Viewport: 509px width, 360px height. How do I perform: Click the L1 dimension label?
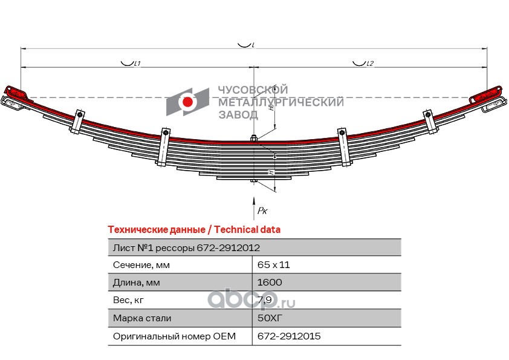(137, 64)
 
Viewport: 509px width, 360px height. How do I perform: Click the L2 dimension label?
(370, 64)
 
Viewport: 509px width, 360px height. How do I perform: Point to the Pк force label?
(262, 211)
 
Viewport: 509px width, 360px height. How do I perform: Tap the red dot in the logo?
(187, 102)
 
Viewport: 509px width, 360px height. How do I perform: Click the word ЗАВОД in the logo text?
(238, 115)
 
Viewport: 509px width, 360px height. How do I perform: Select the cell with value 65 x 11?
(273, 265)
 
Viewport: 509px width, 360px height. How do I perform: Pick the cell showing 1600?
(270, 282)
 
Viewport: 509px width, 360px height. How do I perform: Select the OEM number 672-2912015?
(289, 336)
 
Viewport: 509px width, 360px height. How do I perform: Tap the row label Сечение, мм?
(141, 265)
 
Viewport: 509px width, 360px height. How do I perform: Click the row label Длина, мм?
(137, 283)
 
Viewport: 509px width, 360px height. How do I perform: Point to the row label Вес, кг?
(128, 300)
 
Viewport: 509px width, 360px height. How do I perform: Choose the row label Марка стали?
(142, 318)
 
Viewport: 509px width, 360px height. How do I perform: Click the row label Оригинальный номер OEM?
(174, 336)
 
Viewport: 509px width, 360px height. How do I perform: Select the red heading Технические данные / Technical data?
(194, 230)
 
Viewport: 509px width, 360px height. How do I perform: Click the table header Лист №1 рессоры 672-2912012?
(186, 248)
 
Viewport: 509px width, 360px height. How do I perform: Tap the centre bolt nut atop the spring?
(254, 139)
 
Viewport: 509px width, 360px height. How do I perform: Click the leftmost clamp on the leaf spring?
(77, 122)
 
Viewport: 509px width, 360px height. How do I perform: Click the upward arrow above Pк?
(254, 208)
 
